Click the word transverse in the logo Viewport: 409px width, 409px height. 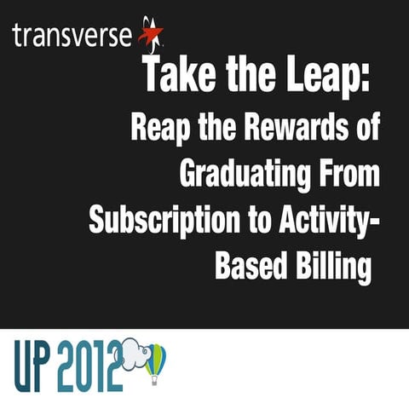pyautogui.click(x=72, y=36)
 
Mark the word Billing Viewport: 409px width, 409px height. pyautogui.click(x=332, y=267)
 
